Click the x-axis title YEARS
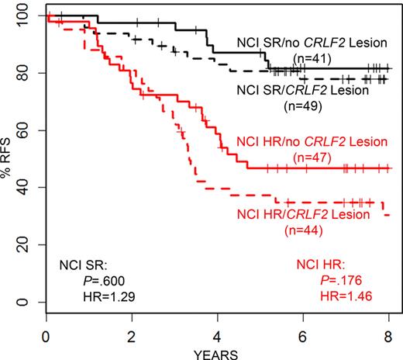[218, 351]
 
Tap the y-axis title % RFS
[9, 159]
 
